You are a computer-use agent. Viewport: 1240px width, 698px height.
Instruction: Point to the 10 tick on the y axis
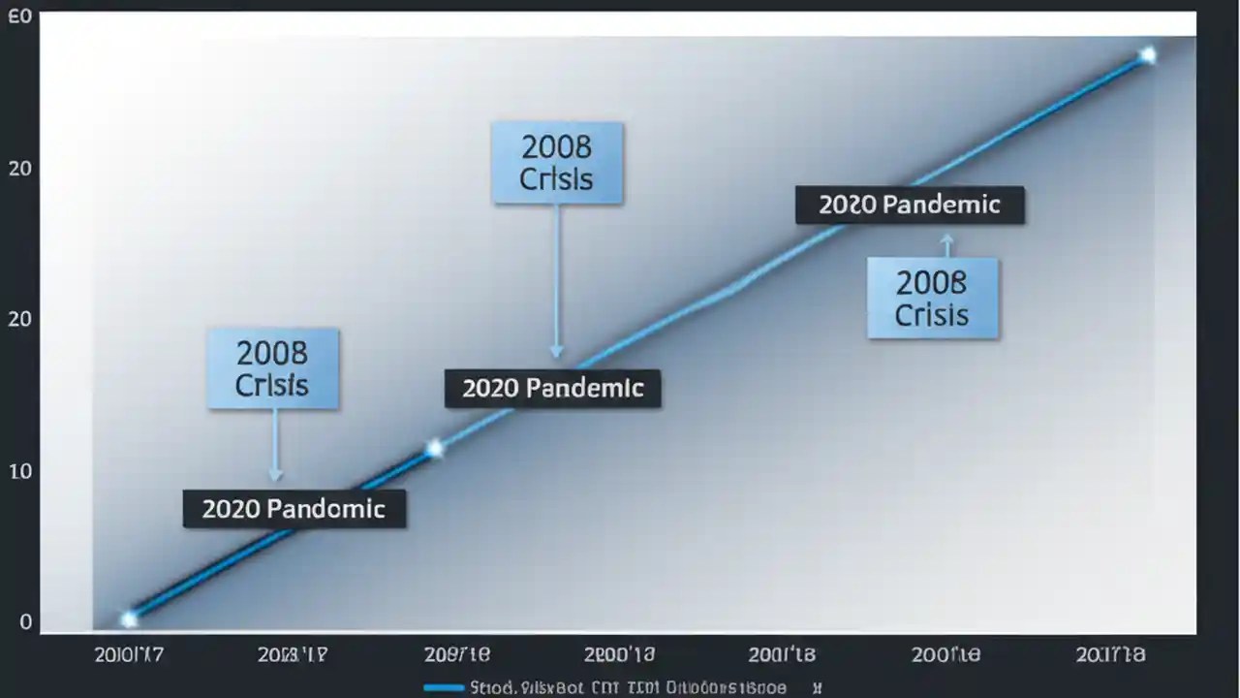click(19, 471)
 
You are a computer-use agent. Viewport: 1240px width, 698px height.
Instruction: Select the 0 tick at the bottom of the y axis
click(25, 622)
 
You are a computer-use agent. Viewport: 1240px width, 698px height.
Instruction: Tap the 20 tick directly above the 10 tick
click(19, 319)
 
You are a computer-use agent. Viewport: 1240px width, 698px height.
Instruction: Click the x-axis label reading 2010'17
click(129, 655)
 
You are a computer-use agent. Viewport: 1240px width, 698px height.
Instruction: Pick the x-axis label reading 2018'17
click(292, 655)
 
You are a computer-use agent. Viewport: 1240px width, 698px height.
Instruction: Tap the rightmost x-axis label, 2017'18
click(1110, 655)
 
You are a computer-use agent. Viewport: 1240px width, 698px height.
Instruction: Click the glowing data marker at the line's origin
click(129, 619)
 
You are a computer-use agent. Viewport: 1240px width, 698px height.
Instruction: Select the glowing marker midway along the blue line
click(435, 448)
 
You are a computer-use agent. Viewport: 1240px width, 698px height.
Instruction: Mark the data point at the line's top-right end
click(1148, 55)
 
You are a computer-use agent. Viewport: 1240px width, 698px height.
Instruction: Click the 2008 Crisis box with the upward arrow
click(932, 299)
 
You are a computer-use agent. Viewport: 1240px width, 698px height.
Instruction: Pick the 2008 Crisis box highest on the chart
click(557, 163)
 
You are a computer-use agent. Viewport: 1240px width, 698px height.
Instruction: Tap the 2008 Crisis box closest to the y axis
click(272, 368)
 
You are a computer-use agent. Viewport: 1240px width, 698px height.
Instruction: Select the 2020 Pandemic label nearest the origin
click(294, 509)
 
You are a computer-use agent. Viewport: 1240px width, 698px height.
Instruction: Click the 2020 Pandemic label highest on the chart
click(909, 206)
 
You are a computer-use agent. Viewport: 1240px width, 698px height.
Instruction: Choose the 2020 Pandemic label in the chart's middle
click(552, 389)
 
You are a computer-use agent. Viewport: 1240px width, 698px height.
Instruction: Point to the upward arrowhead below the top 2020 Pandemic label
click(947, 238)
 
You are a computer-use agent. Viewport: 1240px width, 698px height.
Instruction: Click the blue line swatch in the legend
click(444, 688)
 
